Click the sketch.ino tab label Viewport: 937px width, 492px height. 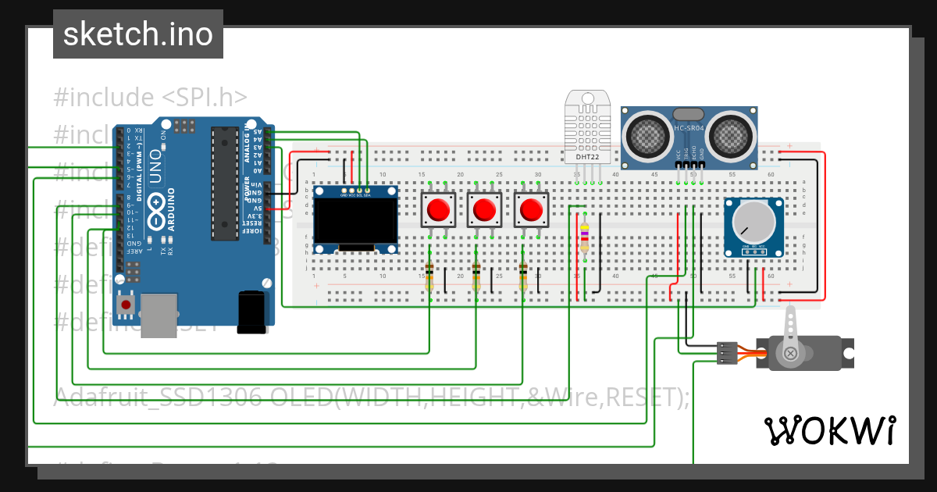pyautogui.click(x=137, y=34)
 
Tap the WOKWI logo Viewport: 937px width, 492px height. pyautogui.click(x=829, y=430)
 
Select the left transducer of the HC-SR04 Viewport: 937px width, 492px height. pyautogui.click(x=647, y=134)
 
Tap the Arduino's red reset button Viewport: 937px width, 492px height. pyautogui.click(x=126, y=304)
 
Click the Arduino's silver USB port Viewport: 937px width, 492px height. pyautogui.click(x=159, y=316)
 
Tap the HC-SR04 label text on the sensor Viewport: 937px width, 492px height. pyautogui.click(x=689, y=128)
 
